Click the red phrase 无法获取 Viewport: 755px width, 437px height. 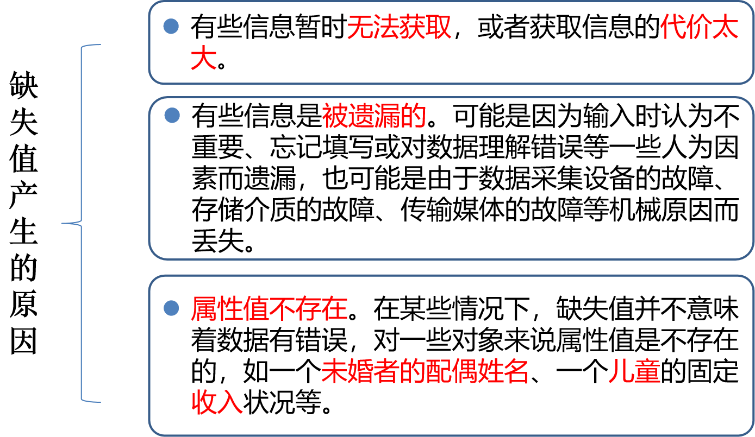tap(399, 27)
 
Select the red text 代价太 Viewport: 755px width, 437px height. tap(699, 27)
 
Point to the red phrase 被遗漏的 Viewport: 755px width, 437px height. tap(373, 116)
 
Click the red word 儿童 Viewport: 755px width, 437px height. tap(634, 372)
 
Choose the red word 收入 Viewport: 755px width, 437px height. tap(216, 403)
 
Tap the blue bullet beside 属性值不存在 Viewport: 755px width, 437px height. tap(171, 308)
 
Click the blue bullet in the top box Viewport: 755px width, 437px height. tap(171, 26)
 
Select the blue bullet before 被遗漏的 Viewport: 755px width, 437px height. tap(172, 115)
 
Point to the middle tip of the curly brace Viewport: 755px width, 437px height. tap(63, 223)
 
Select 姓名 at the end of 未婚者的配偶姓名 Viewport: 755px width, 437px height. tap(503, 372)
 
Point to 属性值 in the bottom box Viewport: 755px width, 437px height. tap(229, 309)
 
